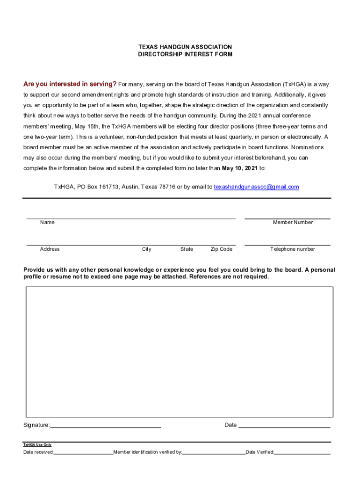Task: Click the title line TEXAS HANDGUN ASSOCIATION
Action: tap(185, 47)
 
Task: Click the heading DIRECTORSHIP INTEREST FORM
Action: tap(185, 54)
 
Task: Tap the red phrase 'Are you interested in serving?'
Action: tap(70, 84)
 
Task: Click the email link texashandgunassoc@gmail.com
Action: tap(256, 187)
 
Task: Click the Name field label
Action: tap(47, 222)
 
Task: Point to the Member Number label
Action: tap(293, 222)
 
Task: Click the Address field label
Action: tap(50, 249)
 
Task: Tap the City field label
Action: tap(147, 249)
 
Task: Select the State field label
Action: tap(187, 249)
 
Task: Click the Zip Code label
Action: tap(221, 249)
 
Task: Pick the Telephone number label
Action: tap(293, 249)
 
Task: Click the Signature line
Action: tap(105, 425)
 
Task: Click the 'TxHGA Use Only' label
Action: tap(37, 445)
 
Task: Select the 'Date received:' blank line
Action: tap(83, 453)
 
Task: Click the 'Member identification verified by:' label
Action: tap(148, 452)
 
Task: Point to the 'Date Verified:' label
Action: tap(260, 452)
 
